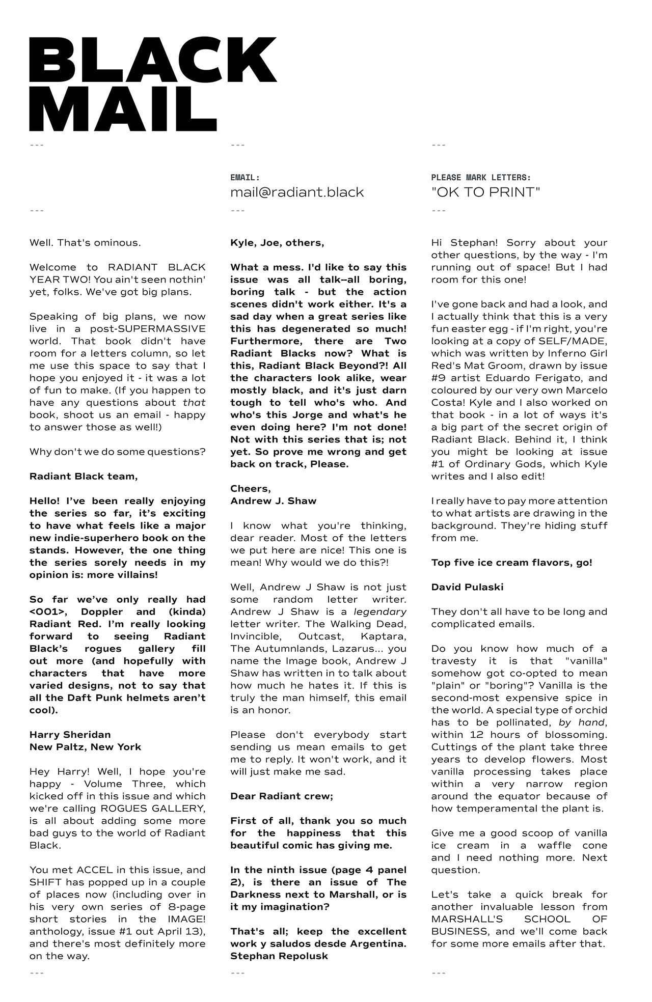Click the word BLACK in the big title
(153, 60)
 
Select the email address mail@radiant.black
(297, 192)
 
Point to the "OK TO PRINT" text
(485, 192)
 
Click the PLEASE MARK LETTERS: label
(481, 178)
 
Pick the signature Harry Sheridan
(70, 734)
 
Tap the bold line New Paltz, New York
(85, 747)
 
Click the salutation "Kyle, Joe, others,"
(277, 243)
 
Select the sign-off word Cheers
(250, 488)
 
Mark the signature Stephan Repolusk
(279, 956)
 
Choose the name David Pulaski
(467, 587)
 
